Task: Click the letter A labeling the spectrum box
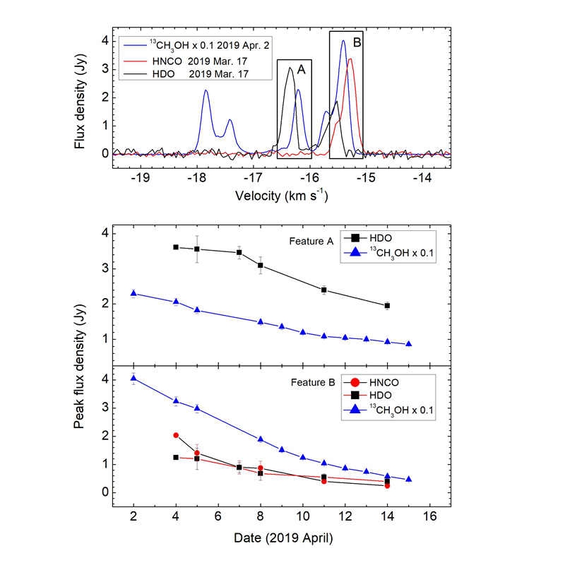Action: pyautogui.click(x=301, y=70)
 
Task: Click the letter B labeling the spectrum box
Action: pyautogui.click(x=357, y=43)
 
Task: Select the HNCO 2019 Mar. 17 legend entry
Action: pyautogui.click(x=187, y=61)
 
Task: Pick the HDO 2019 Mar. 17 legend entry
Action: pyautogui.click(x=186, y=74)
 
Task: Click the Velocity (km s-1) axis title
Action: pyautogui.click(x=280, y=195)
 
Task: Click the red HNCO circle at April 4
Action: pyautogui.click(x=176, y=435)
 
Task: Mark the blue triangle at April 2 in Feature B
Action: pyautogui.click(x=133, y=379)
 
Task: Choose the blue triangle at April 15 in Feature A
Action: pyautogui.click(x=408, y=344)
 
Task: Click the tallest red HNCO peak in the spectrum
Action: pyautogui.click(x=350, y=59)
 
